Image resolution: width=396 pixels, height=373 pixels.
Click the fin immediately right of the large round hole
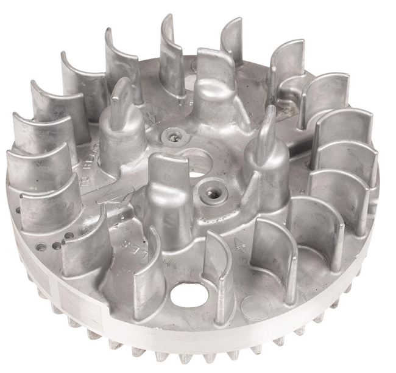click(217, 274)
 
